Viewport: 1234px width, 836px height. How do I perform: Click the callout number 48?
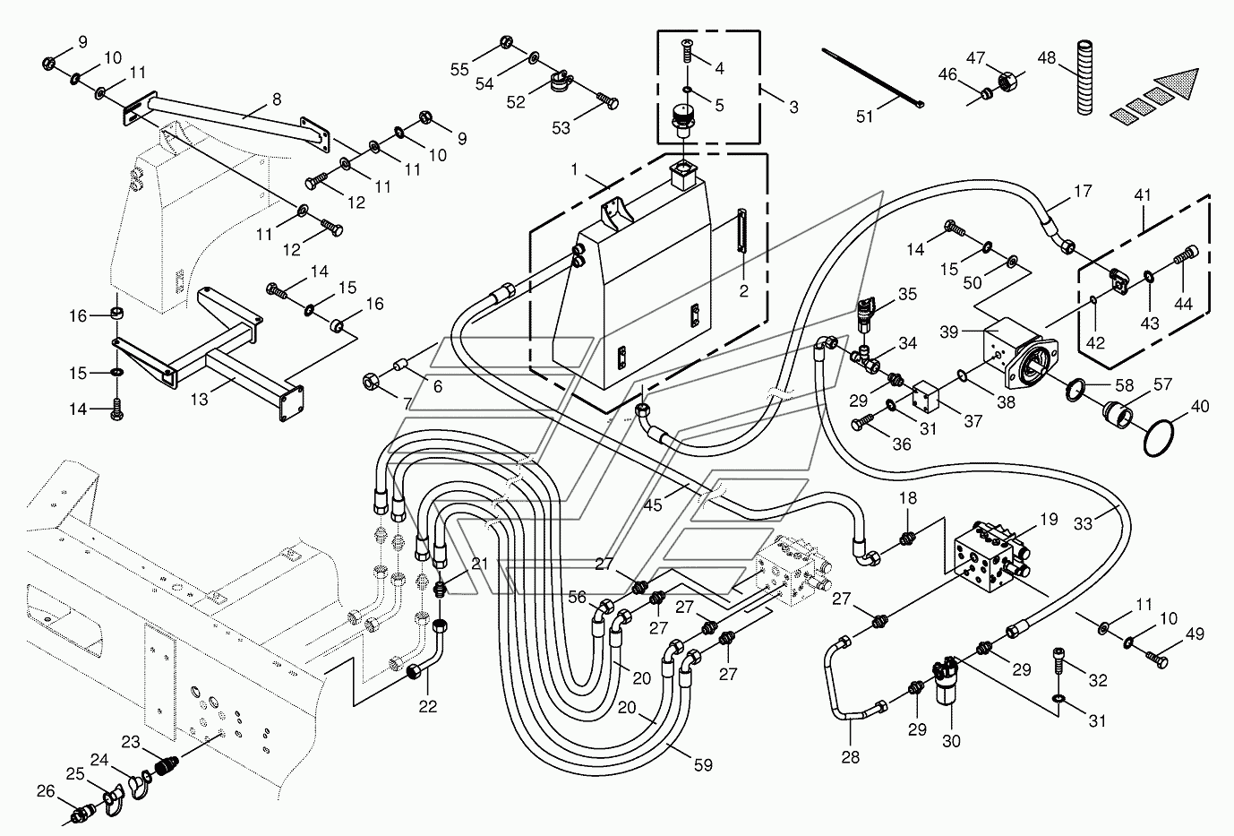pos(1046,58)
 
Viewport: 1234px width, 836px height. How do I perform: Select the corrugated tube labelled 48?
pos(1084,77)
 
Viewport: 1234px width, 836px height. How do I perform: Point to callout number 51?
pos(864,116)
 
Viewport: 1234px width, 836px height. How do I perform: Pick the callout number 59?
pos(703,765)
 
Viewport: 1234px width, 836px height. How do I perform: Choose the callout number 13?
pos(200,399)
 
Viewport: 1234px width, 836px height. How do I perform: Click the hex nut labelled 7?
pos(370,381)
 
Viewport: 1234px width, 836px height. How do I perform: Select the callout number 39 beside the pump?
pos(948,332)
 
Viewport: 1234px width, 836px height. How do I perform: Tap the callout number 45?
pos(653,505)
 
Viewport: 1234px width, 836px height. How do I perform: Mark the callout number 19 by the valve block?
pos(1049,519)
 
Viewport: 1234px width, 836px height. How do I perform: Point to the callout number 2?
pos(743,291)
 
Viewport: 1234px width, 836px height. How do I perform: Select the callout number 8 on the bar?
pos(277,99)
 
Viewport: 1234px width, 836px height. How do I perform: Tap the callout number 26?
pos(46,791)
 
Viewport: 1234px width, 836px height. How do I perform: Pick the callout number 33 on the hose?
pos(1083,523)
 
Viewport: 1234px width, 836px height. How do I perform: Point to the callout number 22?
pos(427,706)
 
